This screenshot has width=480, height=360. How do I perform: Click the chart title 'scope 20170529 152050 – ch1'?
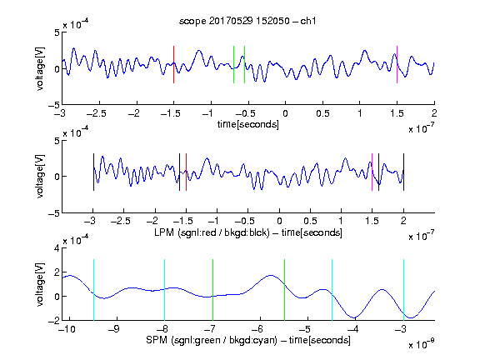point(247,21)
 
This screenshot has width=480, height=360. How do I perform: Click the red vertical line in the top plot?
point(173,64)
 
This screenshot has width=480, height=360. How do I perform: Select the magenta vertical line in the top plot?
point(397,64)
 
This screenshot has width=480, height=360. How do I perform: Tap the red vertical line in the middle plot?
point(186,172)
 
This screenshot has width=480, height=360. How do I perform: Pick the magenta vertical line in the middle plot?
point(372,172)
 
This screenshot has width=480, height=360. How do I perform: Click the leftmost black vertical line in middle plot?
point(93,172)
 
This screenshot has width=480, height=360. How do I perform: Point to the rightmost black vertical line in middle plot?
point(403,172)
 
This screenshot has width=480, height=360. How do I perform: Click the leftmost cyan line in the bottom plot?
point(93,290)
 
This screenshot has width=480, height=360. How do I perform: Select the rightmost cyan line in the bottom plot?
point(403,290)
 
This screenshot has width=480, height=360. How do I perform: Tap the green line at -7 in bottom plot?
point(212,290)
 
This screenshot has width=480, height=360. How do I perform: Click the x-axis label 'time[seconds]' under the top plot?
point(248,124)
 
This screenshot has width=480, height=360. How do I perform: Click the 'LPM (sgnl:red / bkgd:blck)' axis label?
point(212,232)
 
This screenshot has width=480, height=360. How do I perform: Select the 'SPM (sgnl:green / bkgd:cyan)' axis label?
point(212,340)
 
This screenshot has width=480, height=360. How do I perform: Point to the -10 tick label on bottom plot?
point(67,329)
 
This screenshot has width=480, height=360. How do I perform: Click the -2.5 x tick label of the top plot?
point(97,113)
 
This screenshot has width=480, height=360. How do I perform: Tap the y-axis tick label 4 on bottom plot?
point(57,248)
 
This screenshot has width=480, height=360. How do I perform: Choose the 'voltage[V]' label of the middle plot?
point(40,176)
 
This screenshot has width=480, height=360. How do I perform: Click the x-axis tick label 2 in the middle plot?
point(403,221)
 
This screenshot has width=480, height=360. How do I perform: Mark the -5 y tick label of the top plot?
point(54,105)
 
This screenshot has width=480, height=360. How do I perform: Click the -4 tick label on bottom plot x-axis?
point(353,329)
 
